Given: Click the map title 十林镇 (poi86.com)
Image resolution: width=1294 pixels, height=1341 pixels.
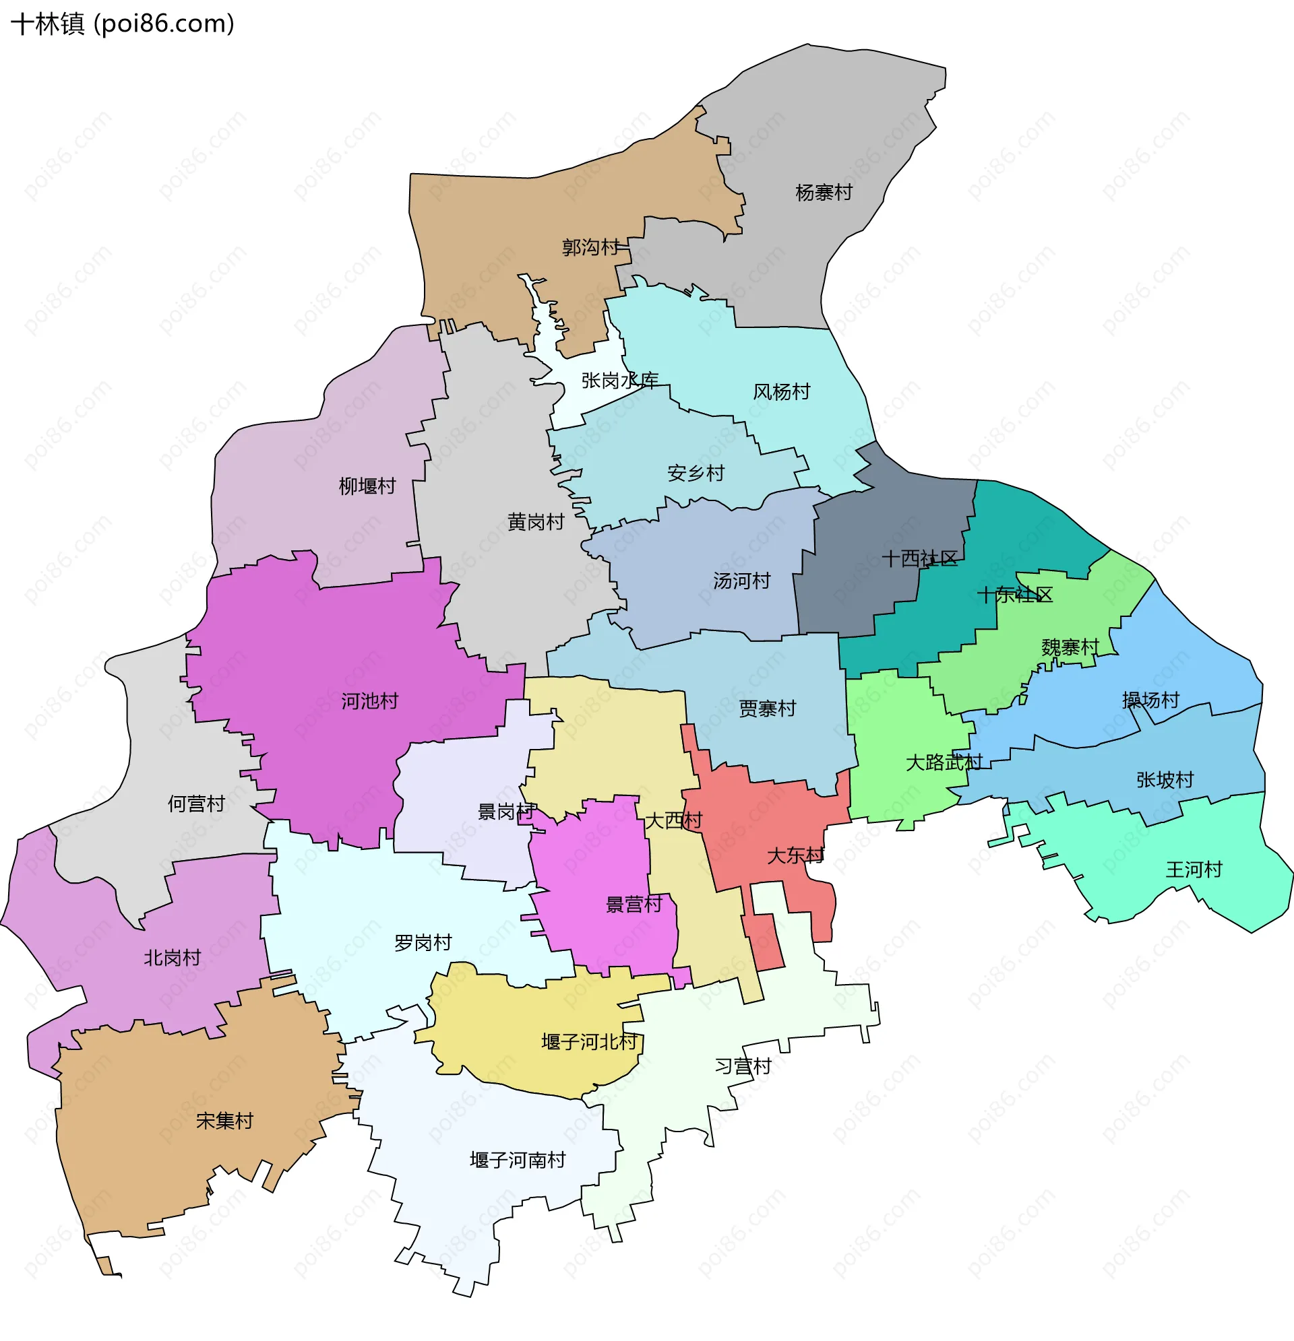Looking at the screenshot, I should click(x=123, y=24).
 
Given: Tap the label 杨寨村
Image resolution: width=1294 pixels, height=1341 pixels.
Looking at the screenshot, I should click(x=824, y=193).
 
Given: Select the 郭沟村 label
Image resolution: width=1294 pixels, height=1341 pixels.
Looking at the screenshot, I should click(x=590, y=247).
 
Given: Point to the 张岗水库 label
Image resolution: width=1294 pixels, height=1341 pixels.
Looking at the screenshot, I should click(x=619, y=381).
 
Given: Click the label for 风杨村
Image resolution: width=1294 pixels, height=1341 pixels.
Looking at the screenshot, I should click(x=781, y=392).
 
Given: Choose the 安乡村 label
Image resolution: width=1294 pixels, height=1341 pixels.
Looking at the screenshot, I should click(x=696, y=473).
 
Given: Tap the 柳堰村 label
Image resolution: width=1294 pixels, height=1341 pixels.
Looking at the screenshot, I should click(x=367, y=486).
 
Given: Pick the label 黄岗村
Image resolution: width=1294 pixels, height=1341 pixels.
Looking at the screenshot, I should click(x=535, y=523).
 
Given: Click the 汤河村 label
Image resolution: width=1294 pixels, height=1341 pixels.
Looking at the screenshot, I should click(x=741, y=581).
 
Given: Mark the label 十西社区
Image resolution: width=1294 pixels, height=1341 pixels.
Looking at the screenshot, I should click(x=919, y=559).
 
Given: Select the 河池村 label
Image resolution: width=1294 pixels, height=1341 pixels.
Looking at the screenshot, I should click(x=370, y=701).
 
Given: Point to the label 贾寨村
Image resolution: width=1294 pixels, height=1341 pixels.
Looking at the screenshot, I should click(x=768, y=709).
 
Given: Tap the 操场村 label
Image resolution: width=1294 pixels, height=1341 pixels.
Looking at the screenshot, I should click(x=1150, y=700).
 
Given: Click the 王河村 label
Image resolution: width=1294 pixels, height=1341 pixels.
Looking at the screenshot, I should click(x=1194, y=870).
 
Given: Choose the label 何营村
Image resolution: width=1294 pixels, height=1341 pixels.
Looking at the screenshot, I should click(x=197, y=804).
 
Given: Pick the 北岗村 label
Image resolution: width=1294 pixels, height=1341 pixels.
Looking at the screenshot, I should click(x=173, y=958).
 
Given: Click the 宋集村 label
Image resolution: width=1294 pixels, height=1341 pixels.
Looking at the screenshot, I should click(x=224, y=1121).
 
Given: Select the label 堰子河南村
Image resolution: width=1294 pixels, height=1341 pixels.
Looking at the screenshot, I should click(x=518, y=1160).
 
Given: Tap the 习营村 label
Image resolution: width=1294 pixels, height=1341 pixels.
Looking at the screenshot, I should click(x=743, y=1066).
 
